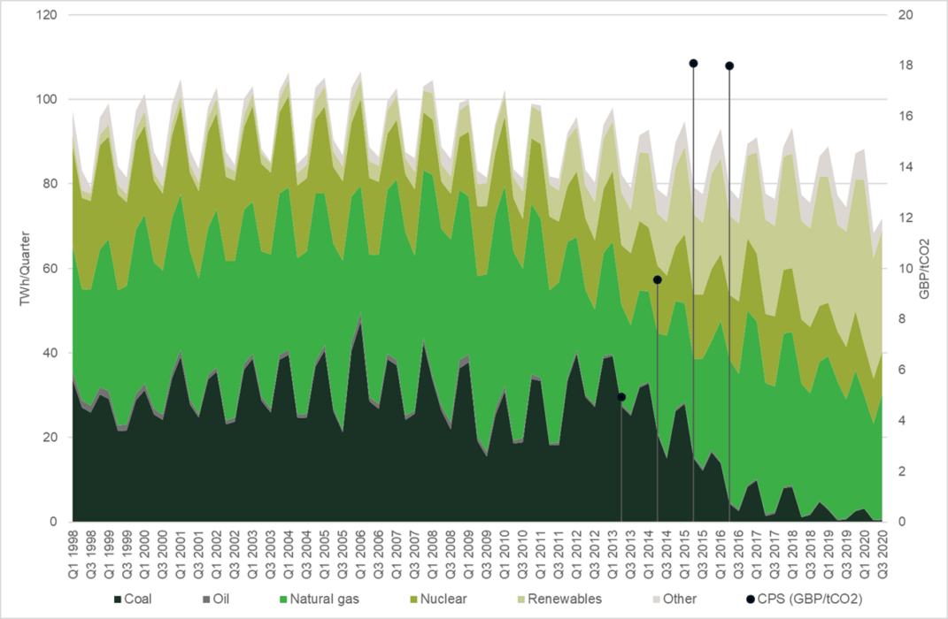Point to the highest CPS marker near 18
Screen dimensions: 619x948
coord(693,64)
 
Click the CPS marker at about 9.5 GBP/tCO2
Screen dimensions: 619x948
coord(657,279)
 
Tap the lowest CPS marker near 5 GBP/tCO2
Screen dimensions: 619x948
coord(621,397)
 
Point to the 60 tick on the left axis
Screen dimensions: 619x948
coord(50,269)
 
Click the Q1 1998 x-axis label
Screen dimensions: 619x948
coord(73,550)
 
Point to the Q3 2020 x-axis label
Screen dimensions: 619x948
coord(882,550)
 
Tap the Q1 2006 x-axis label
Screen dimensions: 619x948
coord(360,550)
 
